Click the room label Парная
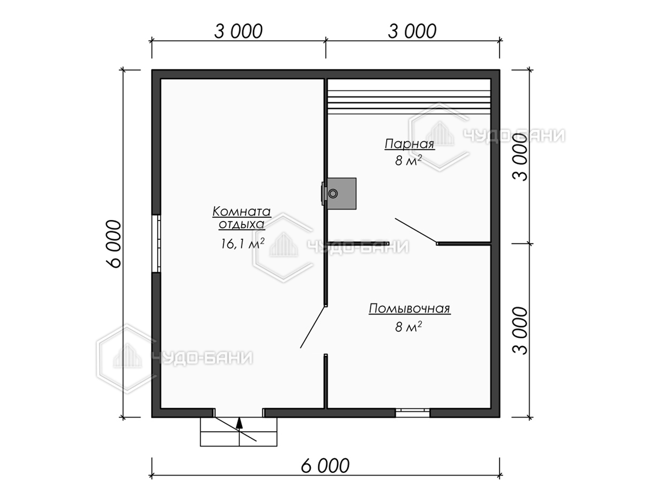click(410, 144)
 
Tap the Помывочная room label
click(410, 309)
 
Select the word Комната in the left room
click(242, 212)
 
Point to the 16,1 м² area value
click(243, 243)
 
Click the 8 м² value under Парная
click(408, 161)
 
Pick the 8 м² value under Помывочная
click(408, 327)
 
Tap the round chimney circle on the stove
click(333, 194)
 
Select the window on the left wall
click(156, 244)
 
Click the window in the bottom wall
click(413, 413)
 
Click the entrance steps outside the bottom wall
click(239, 436)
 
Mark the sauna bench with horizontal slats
click(409, 96)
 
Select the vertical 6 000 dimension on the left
click(114, 244)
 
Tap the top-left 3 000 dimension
click(239, 31)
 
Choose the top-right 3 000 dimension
click(412, 31)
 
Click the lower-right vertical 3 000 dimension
click(520, 331)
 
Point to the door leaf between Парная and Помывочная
click(416, 230)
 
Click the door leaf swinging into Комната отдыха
click(313, 327)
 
